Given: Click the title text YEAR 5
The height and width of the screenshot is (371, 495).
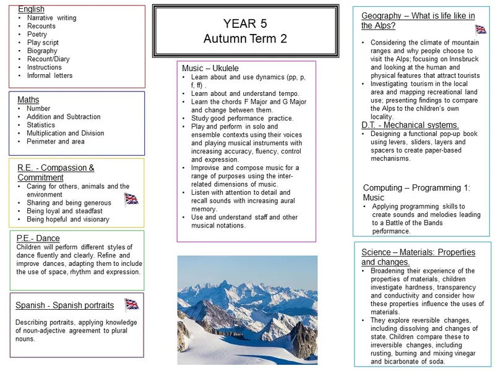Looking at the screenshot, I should click(245, 24).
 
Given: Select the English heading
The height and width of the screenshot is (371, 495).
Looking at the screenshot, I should click(31, 9).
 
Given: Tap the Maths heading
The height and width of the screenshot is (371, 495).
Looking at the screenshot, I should click(28, 100).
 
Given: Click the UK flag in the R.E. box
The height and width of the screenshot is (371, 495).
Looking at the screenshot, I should click(131, 198).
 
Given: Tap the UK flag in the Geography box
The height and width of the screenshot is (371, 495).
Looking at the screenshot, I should click(481, 29).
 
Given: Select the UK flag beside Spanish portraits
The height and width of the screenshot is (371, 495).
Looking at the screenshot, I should click(132, 304).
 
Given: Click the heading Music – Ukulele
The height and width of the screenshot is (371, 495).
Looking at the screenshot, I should click(210, 67).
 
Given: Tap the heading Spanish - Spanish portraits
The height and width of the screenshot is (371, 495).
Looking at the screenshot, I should click(64, 305).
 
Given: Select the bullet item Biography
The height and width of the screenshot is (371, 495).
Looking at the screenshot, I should click(42, 51).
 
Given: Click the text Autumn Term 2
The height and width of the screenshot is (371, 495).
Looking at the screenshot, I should click(245, 39).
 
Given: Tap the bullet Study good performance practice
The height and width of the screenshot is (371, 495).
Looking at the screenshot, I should click(242, 118).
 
